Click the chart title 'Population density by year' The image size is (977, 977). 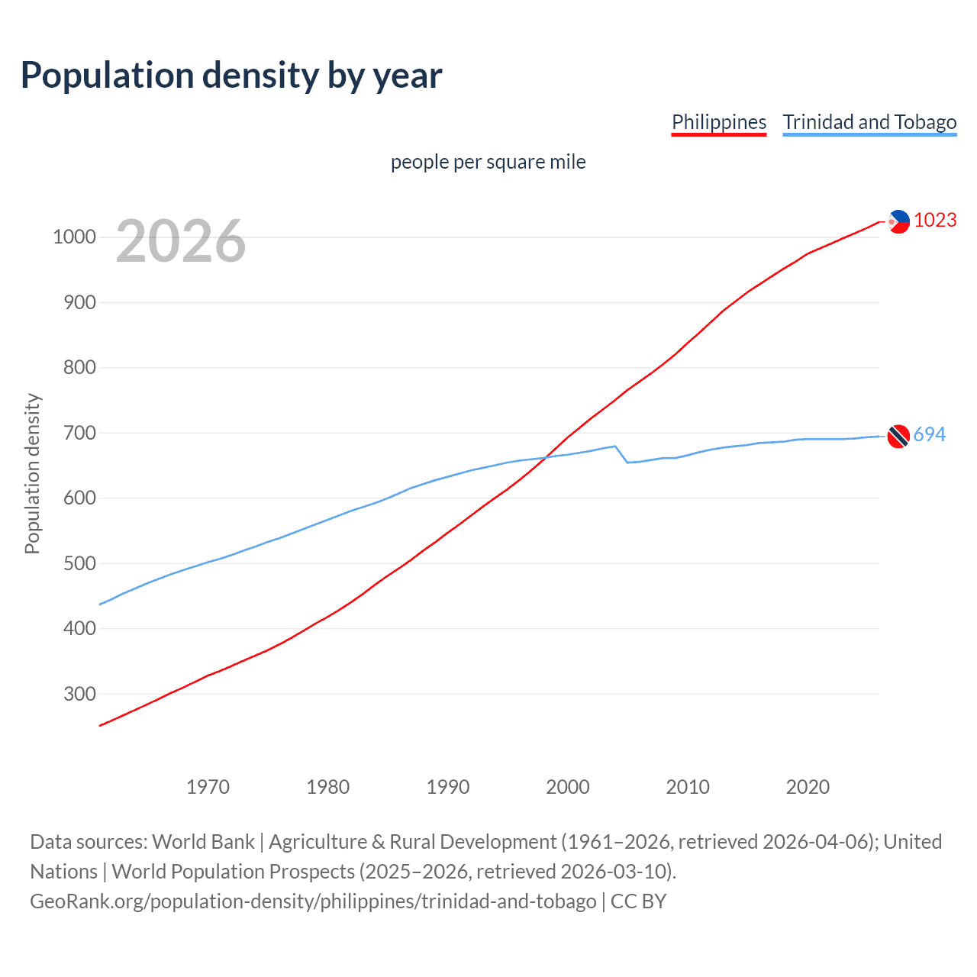click(x=231, y=76)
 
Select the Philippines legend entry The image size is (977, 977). click(x=718, y=122)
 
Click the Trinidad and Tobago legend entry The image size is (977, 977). click(x=869, y=122)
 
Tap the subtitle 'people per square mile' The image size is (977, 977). click(x=488, y=162)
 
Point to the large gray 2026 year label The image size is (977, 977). click(x=181, y=241)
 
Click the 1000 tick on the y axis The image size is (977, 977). click(x=74, y=237)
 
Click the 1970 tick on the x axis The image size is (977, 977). click(x=208, y=787)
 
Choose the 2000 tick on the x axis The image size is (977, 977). click(x=568, y=787)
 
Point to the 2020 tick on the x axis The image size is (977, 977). click(x=808, y=787)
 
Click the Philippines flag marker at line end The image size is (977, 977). click(x=899, y=221)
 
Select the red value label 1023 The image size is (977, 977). click(x=935, y=220)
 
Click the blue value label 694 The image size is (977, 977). click(x=930, y=434)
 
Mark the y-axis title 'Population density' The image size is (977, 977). click(x=32, y=473)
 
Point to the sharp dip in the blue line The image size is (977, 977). click(x=627, y=462)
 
